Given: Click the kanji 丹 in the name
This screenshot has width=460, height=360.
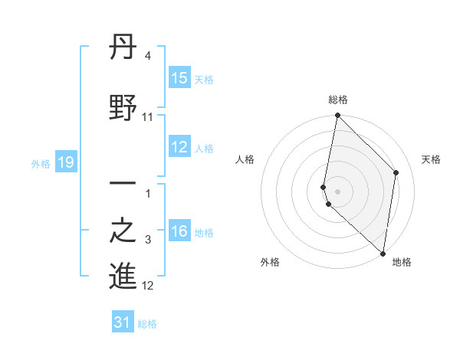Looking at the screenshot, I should pyautogui.click(x=123, y=49).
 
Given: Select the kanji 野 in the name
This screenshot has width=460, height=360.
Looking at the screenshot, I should pyautogui.click(x=123, y=107).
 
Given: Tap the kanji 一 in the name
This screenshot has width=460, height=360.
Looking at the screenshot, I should pyautogui.click(x=123, y=184).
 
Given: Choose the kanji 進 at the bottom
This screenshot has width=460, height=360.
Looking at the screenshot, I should pyautogui.click(x=123, y=277).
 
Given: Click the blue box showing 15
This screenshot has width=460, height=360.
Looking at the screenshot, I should pyautogui.click(x=179, y=78).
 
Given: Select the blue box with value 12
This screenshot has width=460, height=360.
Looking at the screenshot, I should pyautogui.click(x=179, y=148).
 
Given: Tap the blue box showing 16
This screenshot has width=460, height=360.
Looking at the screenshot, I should pyautogui.click(x=179, y=232).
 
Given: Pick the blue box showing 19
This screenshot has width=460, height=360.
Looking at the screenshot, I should pyautogui.click(x=66, y=162).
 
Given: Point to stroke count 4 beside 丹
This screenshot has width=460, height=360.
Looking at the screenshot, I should pyautogui.click(x=147, y=56).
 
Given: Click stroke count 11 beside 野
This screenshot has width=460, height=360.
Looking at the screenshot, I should pyautogui.click(x=148, y=116).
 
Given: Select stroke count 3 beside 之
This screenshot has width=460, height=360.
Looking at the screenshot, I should pyautogui.click(x=148, y=241).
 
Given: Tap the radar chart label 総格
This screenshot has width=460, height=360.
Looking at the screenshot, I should pyautogui.click(x=338, y=100).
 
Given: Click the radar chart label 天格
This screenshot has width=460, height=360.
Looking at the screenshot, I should pyautogui.click(x=432, y=159).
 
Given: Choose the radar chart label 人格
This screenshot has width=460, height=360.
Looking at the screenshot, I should pyautogui.click(x=245, y=159).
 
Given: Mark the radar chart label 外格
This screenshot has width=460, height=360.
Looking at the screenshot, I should pyautogui.click(x=270, y=262).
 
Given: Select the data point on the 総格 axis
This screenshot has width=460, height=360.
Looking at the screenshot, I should pyautogui.click(x=338, y=116).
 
